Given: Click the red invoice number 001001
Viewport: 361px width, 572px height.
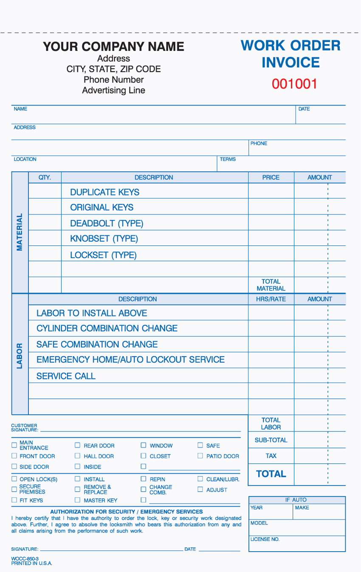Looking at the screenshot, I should tap(294, 84).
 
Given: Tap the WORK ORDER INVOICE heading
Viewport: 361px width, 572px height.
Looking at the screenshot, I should tap(290, 54).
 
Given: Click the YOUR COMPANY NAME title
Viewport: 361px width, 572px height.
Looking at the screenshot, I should tap(113, 46).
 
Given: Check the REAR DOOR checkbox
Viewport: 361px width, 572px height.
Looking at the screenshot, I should tap(77, 445).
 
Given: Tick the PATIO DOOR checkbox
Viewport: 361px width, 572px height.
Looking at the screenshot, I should tap(200, 456).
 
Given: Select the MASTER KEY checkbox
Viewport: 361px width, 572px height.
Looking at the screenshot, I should tap(77, 500).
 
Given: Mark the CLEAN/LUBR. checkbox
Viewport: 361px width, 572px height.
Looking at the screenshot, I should tap(200, 479).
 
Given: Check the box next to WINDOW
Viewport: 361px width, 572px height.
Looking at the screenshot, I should tap(143, 445).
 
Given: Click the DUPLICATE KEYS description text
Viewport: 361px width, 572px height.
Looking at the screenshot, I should tap(104, 192).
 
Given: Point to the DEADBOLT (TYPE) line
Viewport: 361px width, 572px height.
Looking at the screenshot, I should tap(107, 223).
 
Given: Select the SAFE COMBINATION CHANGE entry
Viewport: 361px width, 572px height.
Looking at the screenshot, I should tap(97, 344).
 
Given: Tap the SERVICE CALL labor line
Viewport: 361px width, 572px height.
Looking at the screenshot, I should tap(66, 376).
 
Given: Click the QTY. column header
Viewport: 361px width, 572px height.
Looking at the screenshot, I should tap(45, 178).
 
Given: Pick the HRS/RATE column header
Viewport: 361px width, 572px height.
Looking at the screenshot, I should tap(271, 299).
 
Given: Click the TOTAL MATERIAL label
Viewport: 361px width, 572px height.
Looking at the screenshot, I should tap(271, 285).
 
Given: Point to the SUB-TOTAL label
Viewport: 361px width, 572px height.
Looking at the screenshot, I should tap(271, 440).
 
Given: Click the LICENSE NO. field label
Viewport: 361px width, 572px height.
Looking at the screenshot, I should tap(265, 539).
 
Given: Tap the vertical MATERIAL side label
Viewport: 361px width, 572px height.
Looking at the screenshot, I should tap(20, 232).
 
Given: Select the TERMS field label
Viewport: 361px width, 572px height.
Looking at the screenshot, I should tap(228, 159).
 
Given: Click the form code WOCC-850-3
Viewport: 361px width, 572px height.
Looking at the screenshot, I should tap(25, 559).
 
